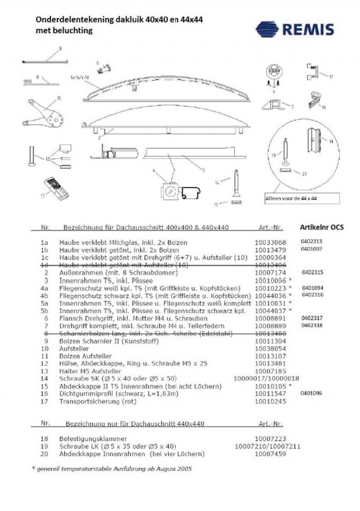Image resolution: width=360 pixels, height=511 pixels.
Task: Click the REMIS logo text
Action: coord(313,29)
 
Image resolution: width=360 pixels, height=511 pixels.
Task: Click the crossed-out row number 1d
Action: coord(44,266)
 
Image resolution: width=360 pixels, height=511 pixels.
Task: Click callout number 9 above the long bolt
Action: coord(60,49)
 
